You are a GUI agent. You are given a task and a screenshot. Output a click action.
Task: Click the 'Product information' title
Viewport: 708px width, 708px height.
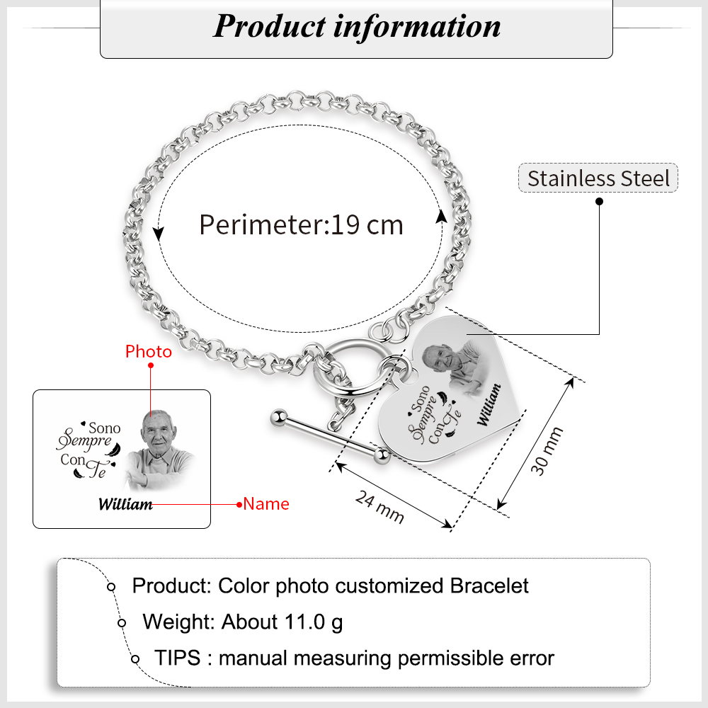point(357,26)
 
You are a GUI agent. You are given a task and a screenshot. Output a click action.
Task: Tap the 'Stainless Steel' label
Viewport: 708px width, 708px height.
point(598,178)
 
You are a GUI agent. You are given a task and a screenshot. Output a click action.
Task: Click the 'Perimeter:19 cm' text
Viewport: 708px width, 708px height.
point(301,225)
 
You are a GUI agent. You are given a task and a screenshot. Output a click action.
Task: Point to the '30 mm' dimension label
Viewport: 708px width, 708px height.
point(549,451)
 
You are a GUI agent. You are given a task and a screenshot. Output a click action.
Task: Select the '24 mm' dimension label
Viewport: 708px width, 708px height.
point(379,508)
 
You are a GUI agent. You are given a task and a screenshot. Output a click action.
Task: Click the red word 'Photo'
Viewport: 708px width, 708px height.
point(149,351)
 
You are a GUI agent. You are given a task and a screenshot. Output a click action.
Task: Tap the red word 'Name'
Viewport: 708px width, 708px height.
point(266,504)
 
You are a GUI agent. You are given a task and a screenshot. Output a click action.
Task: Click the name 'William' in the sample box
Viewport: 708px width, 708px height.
point(125,504)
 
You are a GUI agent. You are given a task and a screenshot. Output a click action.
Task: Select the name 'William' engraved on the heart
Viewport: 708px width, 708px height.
point(488,405)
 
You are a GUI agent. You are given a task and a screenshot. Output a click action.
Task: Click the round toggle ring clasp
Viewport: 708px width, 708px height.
point(353,366)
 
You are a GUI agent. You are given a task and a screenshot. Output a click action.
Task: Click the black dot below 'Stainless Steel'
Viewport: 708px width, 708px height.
point(600,201)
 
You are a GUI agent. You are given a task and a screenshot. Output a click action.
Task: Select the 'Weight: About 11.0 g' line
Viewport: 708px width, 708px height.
point(243,622)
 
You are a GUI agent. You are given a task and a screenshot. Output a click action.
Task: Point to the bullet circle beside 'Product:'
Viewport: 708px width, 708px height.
point(111,587)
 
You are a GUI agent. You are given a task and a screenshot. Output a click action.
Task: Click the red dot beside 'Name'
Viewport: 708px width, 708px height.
point(239,504)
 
